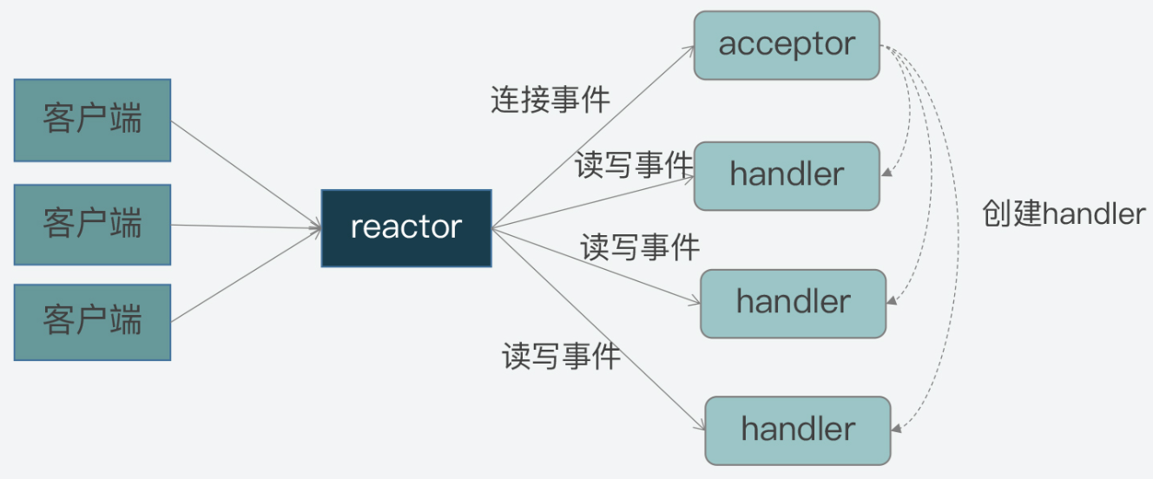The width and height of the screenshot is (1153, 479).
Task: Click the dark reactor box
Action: (406, 227)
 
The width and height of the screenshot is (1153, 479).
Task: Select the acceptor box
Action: (787, 45)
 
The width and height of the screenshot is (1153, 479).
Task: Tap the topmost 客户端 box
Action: (93, 120)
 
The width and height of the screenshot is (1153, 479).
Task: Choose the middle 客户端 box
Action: (93, 224)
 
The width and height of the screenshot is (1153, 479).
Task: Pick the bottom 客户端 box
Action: (93, 322)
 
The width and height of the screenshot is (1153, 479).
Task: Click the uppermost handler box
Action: (787, 175)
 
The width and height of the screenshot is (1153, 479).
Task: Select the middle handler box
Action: (793, 303)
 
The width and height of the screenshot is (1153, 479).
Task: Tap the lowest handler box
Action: (798, 430)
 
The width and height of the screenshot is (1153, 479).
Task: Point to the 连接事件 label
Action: (550, 101)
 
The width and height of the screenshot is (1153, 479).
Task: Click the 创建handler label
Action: (1064, 213)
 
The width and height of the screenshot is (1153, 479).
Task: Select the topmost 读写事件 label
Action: (634, 165)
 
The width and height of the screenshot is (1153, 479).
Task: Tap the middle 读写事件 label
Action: (640, 247)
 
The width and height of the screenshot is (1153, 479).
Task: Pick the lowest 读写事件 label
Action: (561, 356)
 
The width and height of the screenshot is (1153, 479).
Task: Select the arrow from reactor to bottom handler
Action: (599, 330)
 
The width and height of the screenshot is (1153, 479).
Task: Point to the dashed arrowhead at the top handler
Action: (887, 173)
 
